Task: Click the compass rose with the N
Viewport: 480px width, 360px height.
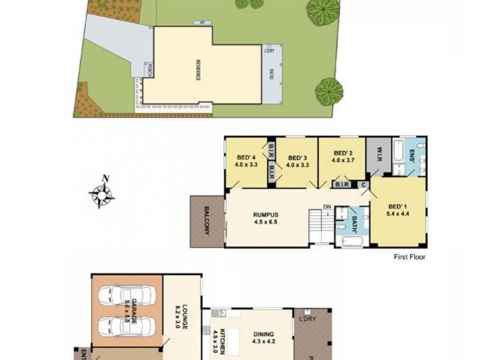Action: (x=102, y=193)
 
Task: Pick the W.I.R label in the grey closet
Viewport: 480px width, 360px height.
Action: (x=378, y=152)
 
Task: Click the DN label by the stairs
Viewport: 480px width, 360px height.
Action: (x=327, y=208)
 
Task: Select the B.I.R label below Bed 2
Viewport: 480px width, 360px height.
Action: (x=342, y=184)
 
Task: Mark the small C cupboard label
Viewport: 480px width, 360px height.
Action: (x=364, y=184)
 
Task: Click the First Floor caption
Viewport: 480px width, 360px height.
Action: (x=409, y=257)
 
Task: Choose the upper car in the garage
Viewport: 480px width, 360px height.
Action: (x=126, y=295)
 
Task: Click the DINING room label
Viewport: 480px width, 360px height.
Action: (x=263, y=334)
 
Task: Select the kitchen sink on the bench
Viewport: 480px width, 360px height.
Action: (x=220, y=313)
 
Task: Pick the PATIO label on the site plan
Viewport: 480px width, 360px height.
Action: (x=271, y=74)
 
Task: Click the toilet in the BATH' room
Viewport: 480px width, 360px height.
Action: (x=341, y=226)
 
